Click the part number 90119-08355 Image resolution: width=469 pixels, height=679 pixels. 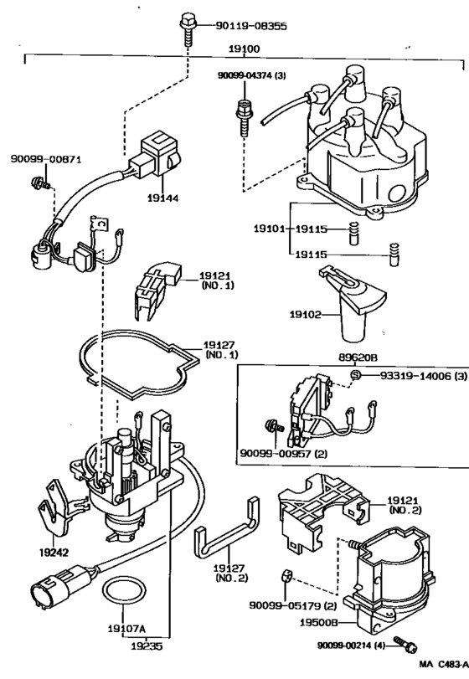(x=248, y=26)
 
